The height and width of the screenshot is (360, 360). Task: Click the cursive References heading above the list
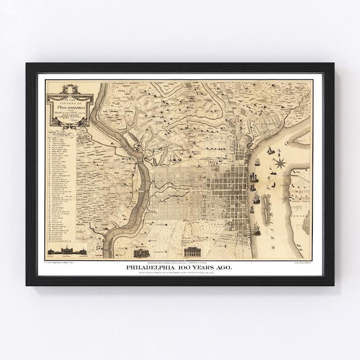(x=60, y=134)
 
